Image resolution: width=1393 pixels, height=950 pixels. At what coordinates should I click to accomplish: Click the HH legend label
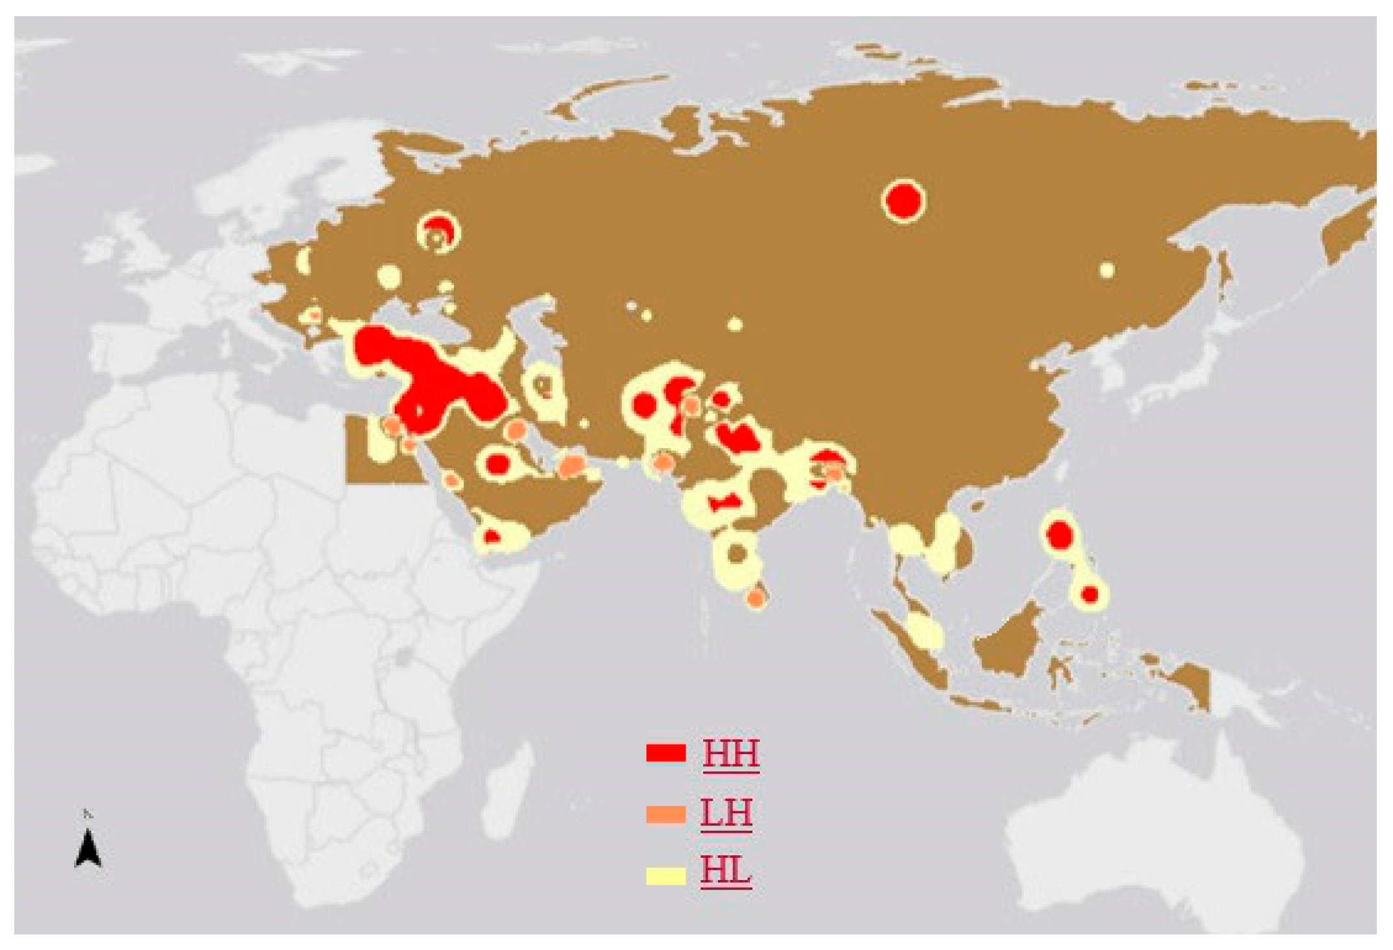(x=731, y=754)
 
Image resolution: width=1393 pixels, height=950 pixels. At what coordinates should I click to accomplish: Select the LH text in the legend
(x=726, y=813)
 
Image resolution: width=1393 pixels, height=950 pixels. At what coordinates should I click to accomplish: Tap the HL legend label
(x=726, y=872)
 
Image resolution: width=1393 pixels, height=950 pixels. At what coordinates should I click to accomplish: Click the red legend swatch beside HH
(x=665, y=753)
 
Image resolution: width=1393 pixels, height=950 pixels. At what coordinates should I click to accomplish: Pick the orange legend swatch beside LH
(x=665, y=814)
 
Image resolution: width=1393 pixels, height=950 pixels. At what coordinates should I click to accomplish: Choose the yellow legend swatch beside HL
(x=665, y=875)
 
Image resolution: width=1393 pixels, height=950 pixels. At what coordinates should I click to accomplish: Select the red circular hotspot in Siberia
(x=903, y=200)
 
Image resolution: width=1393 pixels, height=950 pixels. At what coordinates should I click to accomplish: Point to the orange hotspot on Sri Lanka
(x=756, y=598)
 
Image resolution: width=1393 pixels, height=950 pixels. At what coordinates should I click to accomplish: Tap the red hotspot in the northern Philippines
(x=1060, y=536)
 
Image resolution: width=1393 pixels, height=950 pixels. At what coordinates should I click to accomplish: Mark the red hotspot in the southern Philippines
(x=1090, y=594)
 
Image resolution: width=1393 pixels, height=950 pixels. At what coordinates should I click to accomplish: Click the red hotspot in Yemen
(x=492, y=537)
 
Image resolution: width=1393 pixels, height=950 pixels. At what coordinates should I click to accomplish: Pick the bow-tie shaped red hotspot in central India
(x=724, y=503)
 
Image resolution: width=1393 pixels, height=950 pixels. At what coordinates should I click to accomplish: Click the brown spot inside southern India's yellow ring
(x=737, y=553)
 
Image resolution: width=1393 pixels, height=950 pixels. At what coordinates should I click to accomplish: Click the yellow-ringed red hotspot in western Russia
(x=439, y=231)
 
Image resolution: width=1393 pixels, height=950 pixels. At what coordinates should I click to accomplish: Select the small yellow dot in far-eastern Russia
(x=1107, y=270)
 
